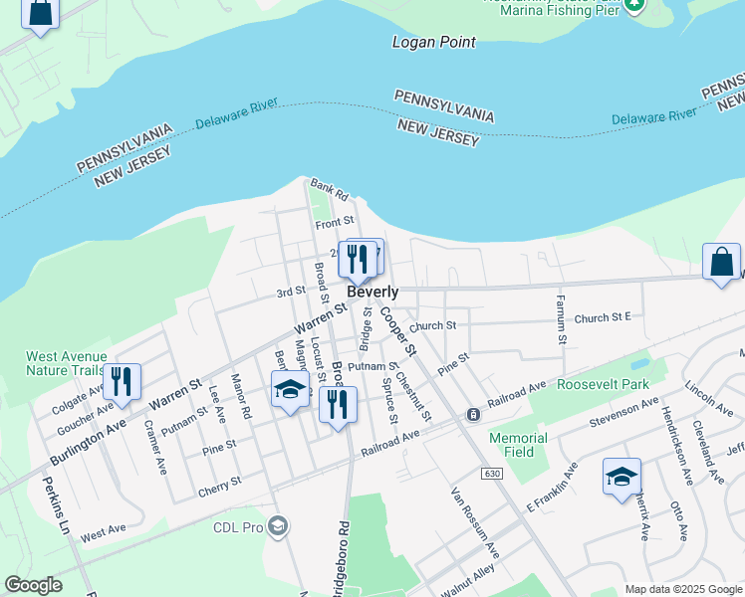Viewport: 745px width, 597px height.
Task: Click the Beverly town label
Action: [373, 293]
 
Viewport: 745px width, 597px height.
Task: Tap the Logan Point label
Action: [433, 42]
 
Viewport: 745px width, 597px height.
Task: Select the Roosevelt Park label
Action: [603, 385]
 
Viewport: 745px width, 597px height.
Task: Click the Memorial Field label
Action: [518, 445]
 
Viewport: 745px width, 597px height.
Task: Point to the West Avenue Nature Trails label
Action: [67, 363]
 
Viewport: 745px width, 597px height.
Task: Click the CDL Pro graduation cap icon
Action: [278, 525]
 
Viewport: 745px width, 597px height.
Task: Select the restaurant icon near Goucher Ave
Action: [122, 382]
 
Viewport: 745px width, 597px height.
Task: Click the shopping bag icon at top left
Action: [39, 12]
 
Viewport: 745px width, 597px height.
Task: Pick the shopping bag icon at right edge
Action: [722, 263]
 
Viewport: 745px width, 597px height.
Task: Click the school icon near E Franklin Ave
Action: [621, 477]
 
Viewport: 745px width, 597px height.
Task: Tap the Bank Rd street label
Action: [328, 186]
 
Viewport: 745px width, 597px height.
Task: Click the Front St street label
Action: [335, 221]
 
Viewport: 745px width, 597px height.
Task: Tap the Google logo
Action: [33, 585]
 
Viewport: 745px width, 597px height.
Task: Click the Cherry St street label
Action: [220, 482]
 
